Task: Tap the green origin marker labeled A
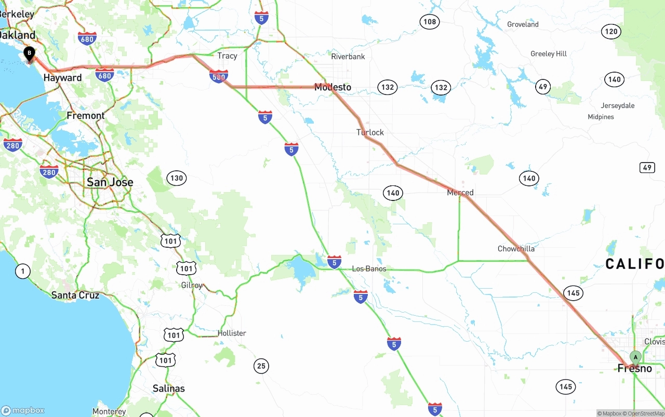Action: [x=635, y=357]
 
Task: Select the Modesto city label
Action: [x=332, y=87]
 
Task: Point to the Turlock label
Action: [x=370, y=132]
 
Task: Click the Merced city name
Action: [x=460, y=193]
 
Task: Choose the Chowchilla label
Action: [x=516, y=249]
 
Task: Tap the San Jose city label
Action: [x=110, y=182]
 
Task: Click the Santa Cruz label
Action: [x=76, y=295]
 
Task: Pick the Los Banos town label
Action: [x=369, y=269]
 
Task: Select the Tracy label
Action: [x=227, y=56]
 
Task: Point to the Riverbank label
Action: [x=348, y=57]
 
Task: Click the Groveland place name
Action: [x=523, y=24]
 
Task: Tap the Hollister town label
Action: [x=232, y=333]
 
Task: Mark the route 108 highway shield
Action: [x=430, y=21]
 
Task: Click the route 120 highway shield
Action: [x=611, y=32]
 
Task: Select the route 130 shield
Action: [x=177, y=178]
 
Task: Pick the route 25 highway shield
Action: [x=261, y=366]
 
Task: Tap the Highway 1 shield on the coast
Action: [x=22, y=271]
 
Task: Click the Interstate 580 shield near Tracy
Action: [x=219, y=77]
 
